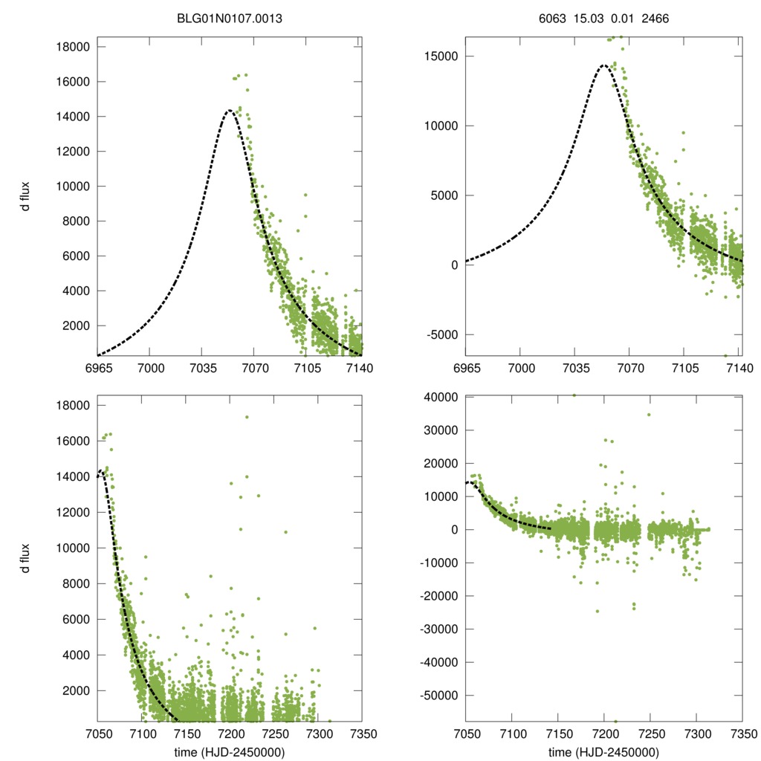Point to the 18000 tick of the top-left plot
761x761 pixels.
[74, 47]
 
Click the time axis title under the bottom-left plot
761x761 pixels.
[230, 752]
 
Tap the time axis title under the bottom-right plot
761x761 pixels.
[603, 752]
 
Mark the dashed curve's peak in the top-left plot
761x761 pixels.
[230, 111]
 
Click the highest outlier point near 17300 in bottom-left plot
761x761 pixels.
[247, 417]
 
